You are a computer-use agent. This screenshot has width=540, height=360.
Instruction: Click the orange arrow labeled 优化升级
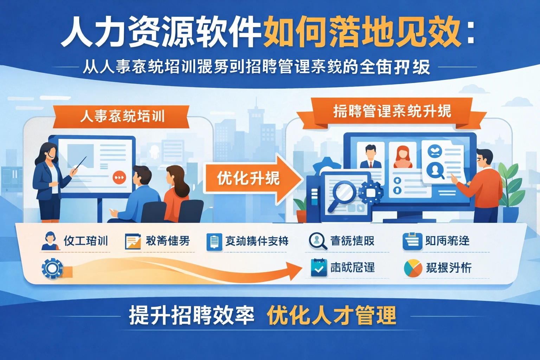click(251, 179)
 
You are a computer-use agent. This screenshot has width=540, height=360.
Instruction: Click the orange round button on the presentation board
click(119, 178)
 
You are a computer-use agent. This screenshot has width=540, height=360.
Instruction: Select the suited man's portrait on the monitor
click(371, 156)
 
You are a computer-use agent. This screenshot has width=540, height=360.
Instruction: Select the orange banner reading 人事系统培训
click(122, 116)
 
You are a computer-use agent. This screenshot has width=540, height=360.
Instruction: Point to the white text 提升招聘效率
click(192, 315)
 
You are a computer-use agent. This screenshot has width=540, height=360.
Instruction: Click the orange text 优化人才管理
click(331, 315)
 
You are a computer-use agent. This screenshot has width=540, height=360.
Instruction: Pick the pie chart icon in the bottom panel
click(413, 269)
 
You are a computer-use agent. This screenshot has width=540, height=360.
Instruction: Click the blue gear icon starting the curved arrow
click(52, 269)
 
